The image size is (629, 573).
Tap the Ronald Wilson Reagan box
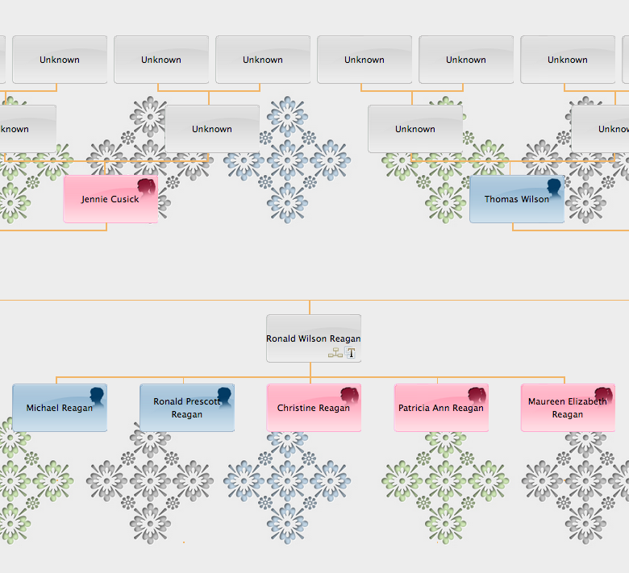pos(314,338)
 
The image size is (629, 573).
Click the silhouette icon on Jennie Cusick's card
pos(147,189)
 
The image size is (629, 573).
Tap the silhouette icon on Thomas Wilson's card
pos(553,189)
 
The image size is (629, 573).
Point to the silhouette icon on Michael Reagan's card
pos(97,396)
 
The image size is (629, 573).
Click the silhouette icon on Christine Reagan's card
pos(350,396)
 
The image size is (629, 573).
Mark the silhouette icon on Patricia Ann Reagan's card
pos(477,396)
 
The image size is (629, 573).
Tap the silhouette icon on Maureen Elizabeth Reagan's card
pos(604,396)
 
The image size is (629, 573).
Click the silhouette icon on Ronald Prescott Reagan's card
pos(223,396)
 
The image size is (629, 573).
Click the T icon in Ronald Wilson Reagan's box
pos(351,353)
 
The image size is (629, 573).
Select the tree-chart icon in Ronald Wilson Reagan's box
pos(335,353)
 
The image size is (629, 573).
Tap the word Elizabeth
pos(587,401)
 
